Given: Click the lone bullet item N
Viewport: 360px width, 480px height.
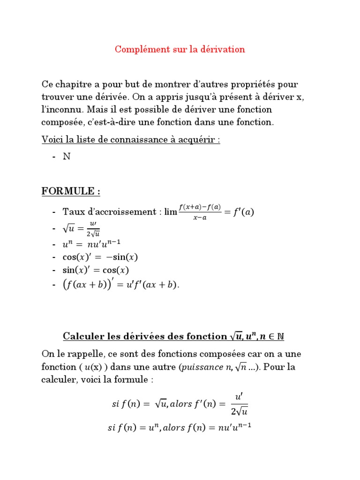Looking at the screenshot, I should (x=67, y=157).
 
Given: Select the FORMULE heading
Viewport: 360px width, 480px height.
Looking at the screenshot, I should (x=71, y=191).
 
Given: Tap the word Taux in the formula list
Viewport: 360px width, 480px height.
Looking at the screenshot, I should (x=73, y=212).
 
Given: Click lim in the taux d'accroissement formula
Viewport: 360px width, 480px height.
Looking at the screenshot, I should (x=171, y=212).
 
